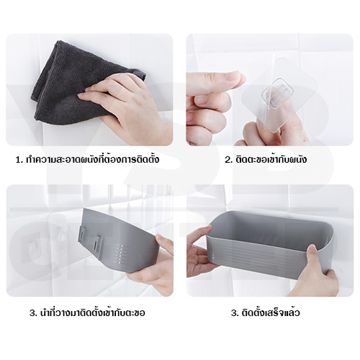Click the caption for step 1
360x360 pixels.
tap(87, 159)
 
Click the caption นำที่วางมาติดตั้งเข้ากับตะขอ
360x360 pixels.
tap(87, 312)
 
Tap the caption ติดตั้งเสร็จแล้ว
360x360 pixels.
tap(265, 312)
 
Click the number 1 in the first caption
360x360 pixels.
tap(18, 160)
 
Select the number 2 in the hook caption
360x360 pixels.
tap(228, 160)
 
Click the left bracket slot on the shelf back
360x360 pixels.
tap(83, 237)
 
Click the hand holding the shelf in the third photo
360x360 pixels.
tap(151, 266)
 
